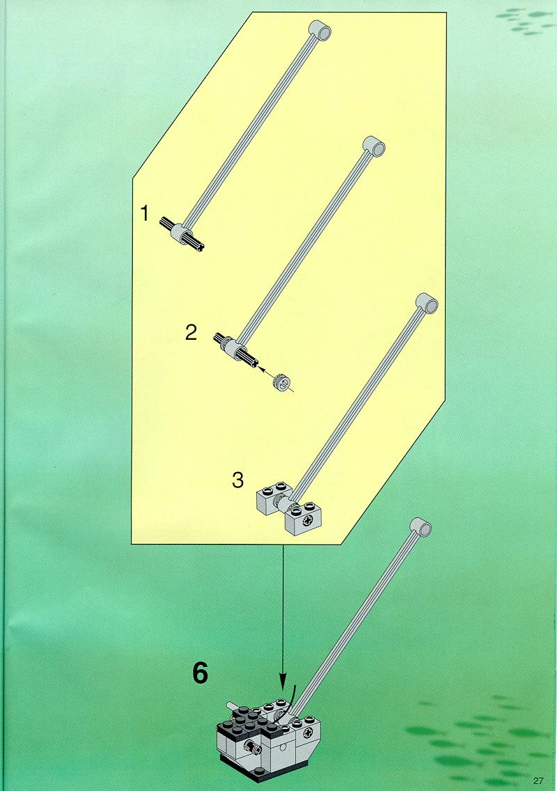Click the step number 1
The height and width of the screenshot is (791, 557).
tap(145, 213)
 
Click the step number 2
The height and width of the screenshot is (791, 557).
tap(191, 333)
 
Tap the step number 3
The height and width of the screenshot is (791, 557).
tap(237, 480)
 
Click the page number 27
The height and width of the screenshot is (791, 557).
tap(538, 781)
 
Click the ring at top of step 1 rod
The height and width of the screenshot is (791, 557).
tap(320, 30)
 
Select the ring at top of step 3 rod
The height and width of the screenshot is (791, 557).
tap(427, 303)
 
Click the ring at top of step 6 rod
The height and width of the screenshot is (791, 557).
tap(421, 526)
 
